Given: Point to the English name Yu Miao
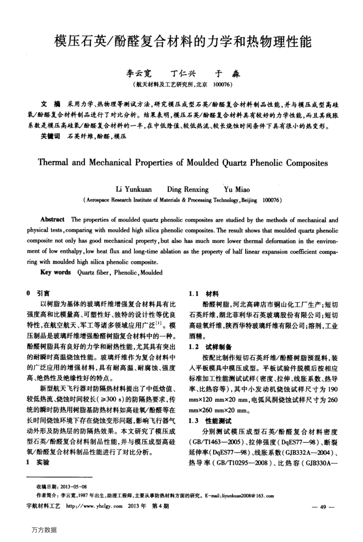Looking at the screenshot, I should (x=235, y=189).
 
